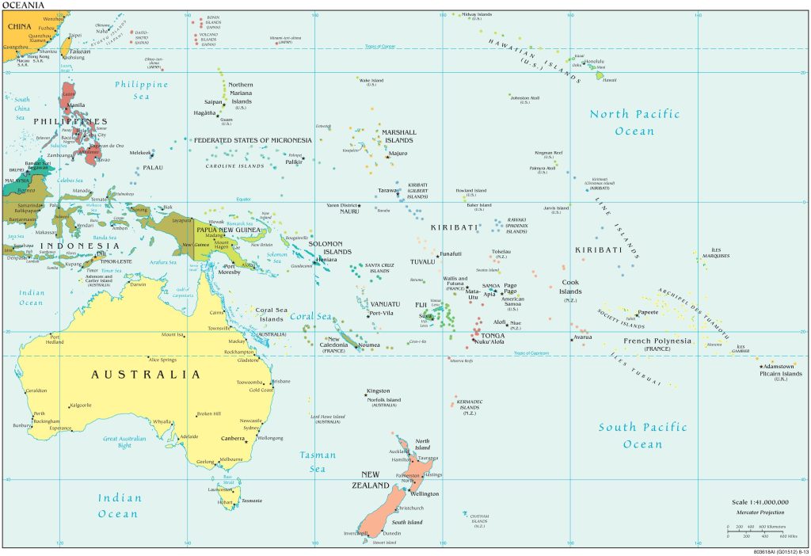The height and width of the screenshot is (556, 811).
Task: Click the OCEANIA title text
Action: click(21, 5)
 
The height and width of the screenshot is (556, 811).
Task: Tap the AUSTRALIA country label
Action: click(145, 374)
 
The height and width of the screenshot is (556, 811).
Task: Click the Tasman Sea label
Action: click(318, 462)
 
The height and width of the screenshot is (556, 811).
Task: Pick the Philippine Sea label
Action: click(142, 90)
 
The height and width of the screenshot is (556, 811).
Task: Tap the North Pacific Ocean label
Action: click(634, 123)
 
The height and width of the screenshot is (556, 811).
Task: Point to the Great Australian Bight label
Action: click(126, 442)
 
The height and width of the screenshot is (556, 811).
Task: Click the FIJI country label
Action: click(421, 304)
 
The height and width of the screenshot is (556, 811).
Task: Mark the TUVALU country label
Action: click(422, 261)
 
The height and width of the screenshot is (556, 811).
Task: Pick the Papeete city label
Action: click(649, 312)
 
